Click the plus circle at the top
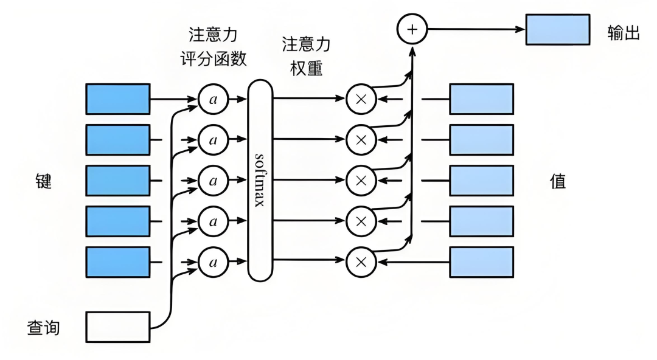click(x=412, y=29)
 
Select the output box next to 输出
click(x=557, y=29)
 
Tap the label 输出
click(x=624, y=33)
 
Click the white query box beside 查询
click(x=117, y=327)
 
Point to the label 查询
click(x=43, y=328)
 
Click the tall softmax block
click(x=260, y=181)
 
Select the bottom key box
click(x=117, y=262)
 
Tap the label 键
click(x=43, y=181)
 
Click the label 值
click(x=558, y=181)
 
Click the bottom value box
click(x=481, y=262)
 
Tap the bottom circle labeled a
click(x=213, y=262)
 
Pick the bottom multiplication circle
click(x=361, y=262)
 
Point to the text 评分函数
click(x=214, y=58)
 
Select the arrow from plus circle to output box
click(x=474, y=29)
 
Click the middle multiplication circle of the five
click(x=361, y=181)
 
